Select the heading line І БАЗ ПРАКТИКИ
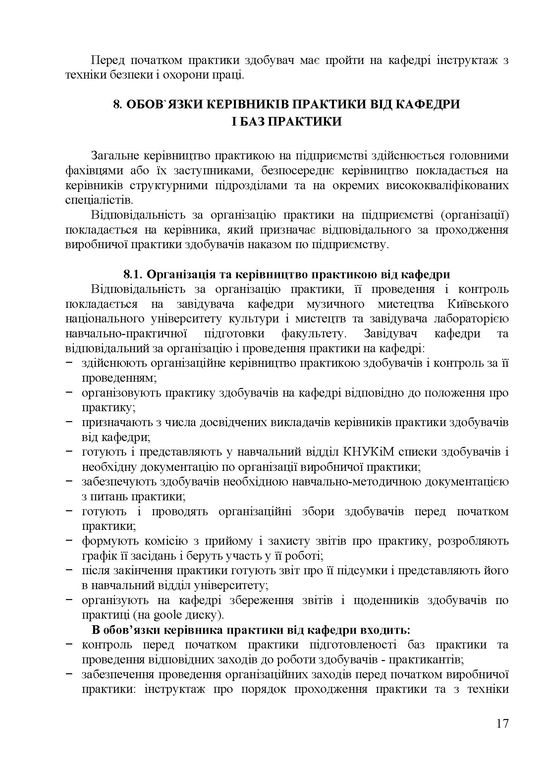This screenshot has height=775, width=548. (x=287, y=121)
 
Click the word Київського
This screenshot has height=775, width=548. (x=478, y=304)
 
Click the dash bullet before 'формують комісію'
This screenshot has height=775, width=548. (x=70, y=540)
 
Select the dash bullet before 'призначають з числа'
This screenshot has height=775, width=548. (x=70, y=422)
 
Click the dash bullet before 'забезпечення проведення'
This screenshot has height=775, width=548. (x=70, y=674)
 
